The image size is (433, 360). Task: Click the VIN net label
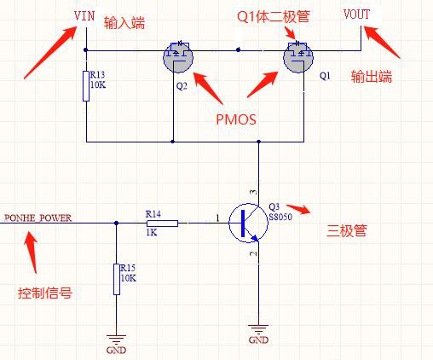[85, 16]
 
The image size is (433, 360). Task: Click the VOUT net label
[356, 15]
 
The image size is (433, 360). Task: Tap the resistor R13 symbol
[86, 86]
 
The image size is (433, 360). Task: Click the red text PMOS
[235, 119]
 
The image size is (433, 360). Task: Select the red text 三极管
[347, 230]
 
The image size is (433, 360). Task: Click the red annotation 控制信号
[44, 293]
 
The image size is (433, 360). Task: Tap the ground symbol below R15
[115, 339]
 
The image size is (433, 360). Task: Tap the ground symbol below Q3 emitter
[257, 330]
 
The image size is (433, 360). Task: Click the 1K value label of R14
[153, 233]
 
